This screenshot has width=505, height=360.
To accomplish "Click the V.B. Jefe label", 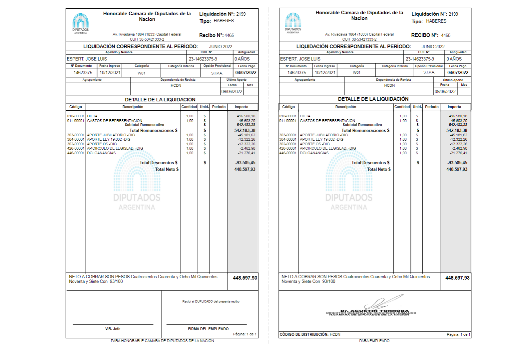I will (113, 329).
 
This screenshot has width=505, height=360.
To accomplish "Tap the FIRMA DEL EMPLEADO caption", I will (208, 329).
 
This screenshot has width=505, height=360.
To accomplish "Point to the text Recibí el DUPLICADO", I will (211, 301).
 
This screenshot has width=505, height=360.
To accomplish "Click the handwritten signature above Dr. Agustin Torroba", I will (383, 302).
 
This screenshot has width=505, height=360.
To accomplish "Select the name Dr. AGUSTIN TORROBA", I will (374, 311).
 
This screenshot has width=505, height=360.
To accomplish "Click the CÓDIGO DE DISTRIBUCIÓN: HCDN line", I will (310, 334).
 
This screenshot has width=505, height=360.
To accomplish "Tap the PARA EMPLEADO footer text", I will (374, 341).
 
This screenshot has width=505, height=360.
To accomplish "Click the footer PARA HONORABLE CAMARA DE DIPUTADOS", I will (162, 341).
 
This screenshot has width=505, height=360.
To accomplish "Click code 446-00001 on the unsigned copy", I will (76, 153).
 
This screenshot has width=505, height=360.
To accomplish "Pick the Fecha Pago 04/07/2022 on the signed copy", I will (458, 72).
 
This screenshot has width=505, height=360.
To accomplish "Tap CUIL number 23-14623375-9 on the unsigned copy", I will (203, 59).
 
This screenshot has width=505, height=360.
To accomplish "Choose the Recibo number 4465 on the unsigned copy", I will (229, 35).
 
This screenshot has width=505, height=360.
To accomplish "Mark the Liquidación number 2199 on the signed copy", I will (453, 14).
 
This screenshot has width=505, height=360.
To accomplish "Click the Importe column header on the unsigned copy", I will (241, 107).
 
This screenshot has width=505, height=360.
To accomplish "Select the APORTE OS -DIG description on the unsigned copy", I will (102, 144).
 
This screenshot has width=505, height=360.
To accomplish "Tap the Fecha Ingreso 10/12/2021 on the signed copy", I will (325, 72).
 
